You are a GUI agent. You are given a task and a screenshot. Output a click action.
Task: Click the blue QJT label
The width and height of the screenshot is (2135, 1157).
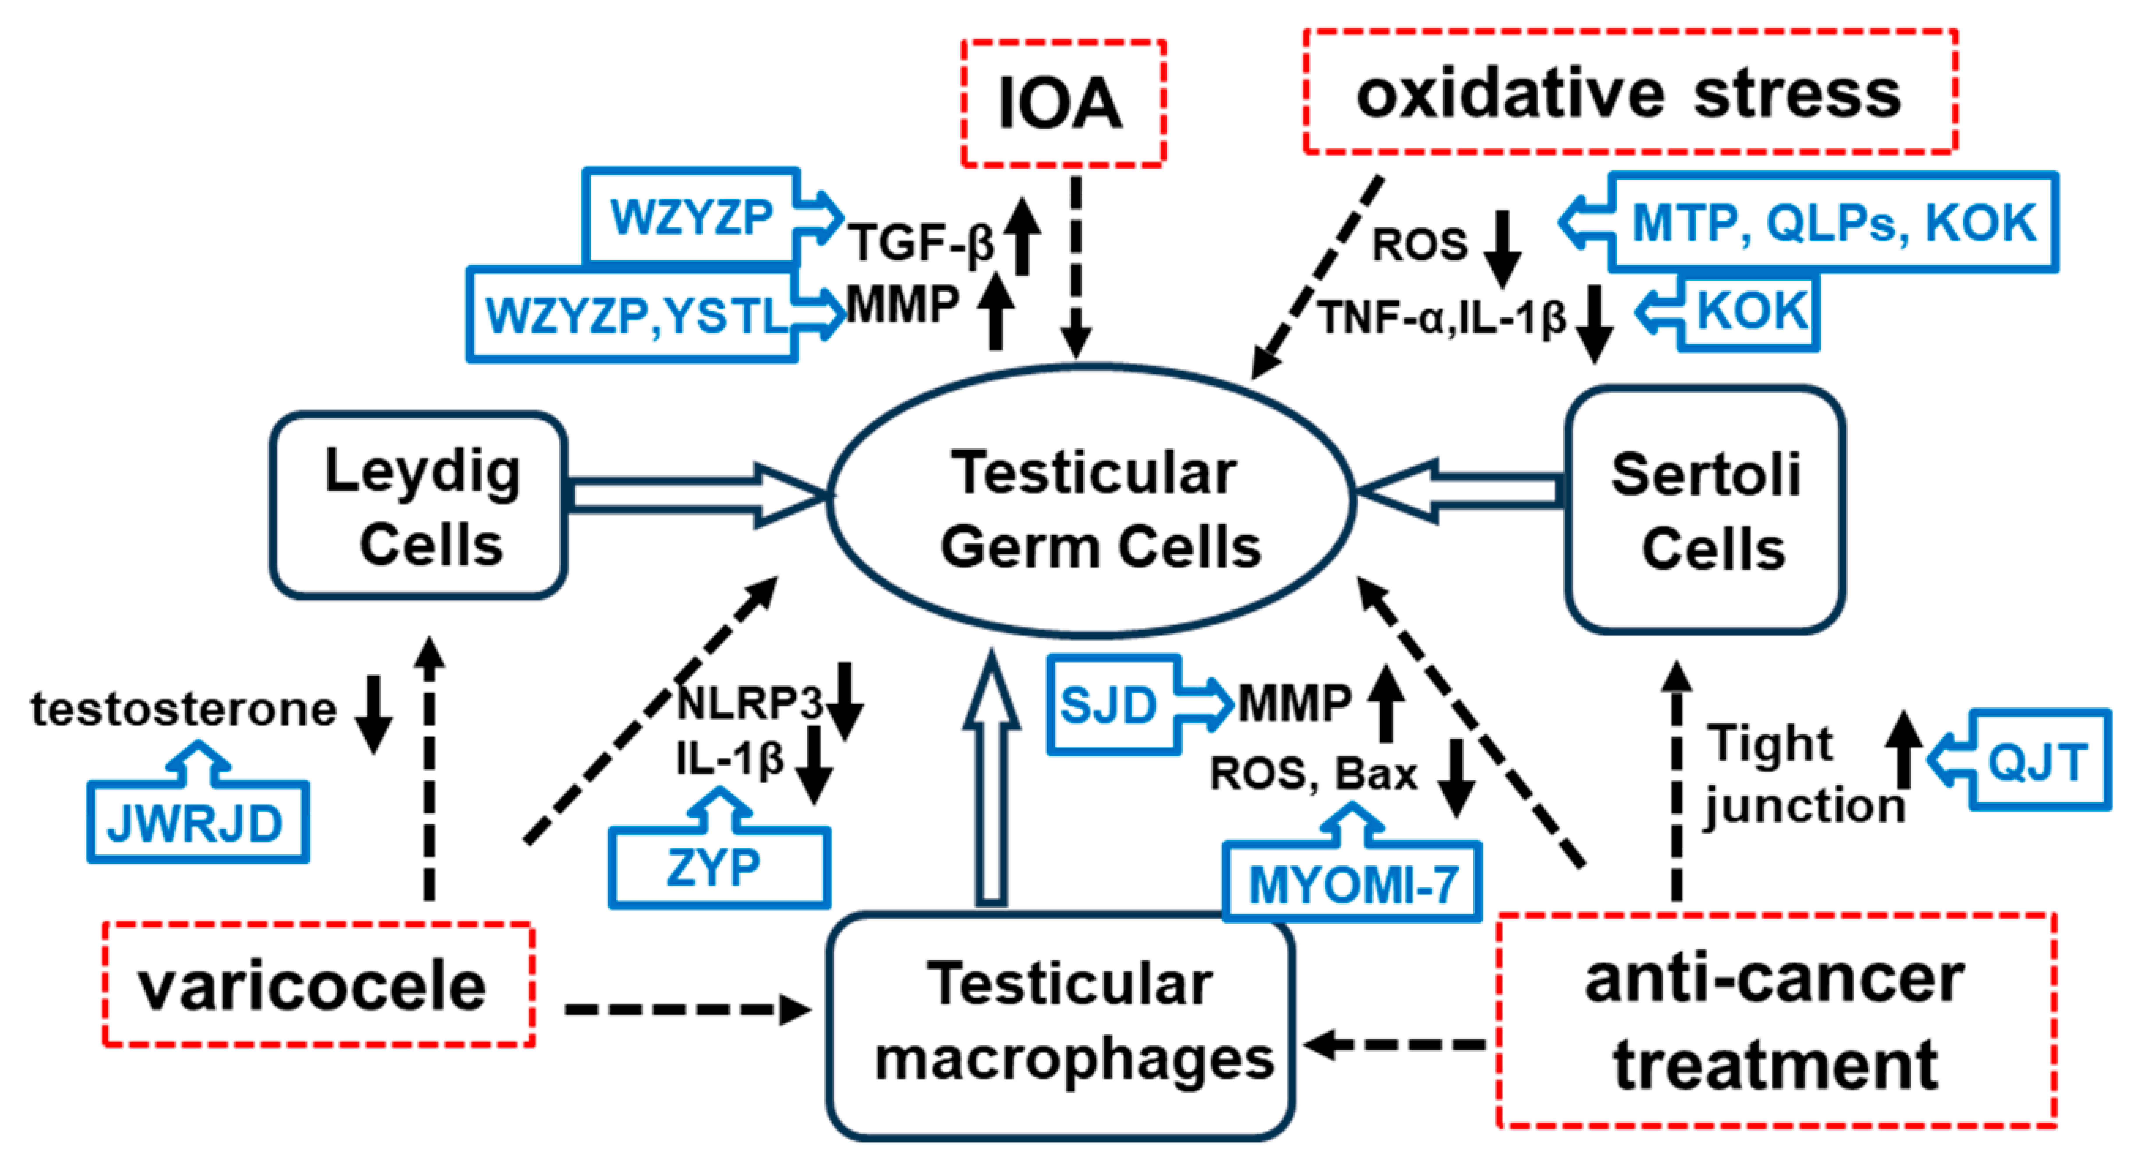2037,761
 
